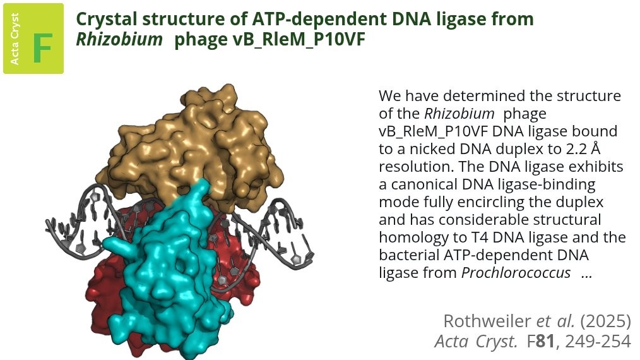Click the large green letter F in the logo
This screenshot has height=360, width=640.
point(42,48)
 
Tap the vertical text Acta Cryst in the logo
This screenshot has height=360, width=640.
point(15,39)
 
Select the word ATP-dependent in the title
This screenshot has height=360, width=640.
point(310,19)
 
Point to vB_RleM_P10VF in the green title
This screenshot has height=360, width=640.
point(270,40)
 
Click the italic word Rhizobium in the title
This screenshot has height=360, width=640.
point(119,40)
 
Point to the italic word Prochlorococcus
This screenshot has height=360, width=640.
point(516,273)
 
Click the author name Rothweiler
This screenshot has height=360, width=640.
point(487,321)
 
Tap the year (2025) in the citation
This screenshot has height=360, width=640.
point(606,321)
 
